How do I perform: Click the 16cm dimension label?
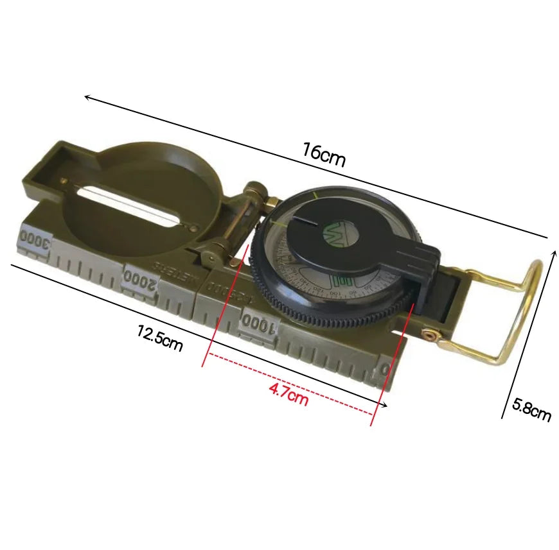coord(324,155)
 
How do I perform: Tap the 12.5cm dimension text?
coord(159,338)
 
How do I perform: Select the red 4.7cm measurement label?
coord(288,394)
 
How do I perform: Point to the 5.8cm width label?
coord(531,410)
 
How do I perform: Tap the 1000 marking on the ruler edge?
coord(260,324)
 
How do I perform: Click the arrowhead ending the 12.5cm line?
coord(384,404)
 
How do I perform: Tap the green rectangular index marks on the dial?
coord(342,282)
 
